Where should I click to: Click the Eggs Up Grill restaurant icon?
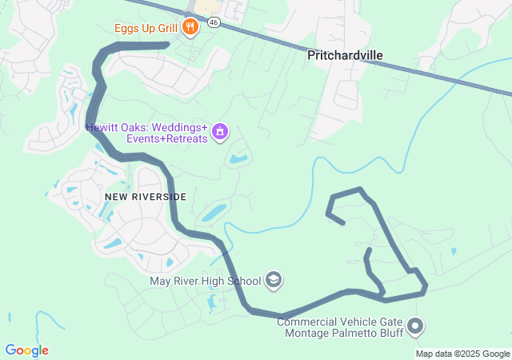point(190,28)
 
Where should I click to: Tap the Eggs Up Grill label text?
point(145,28)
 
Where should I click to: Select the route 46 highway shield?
point(213,22)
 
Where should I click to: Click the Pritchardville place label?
point(345,55)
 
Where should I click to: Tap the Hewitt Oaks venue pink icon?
point(220,131)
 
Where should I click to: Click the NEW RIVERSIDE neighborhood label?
point(145,196)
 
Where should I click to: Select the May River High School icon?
point(274,280)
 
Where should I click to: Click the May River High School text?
point(206,281)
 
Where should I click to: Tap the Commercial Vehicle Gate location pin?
point(414,326)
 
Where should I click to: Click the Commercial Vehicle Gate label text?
point(338,322)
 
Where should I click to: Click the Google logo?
point(26,350)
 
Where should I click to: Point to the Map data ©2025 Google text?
point(462,354)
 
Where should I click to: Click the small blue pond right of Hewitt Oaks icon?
point(238,159)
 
